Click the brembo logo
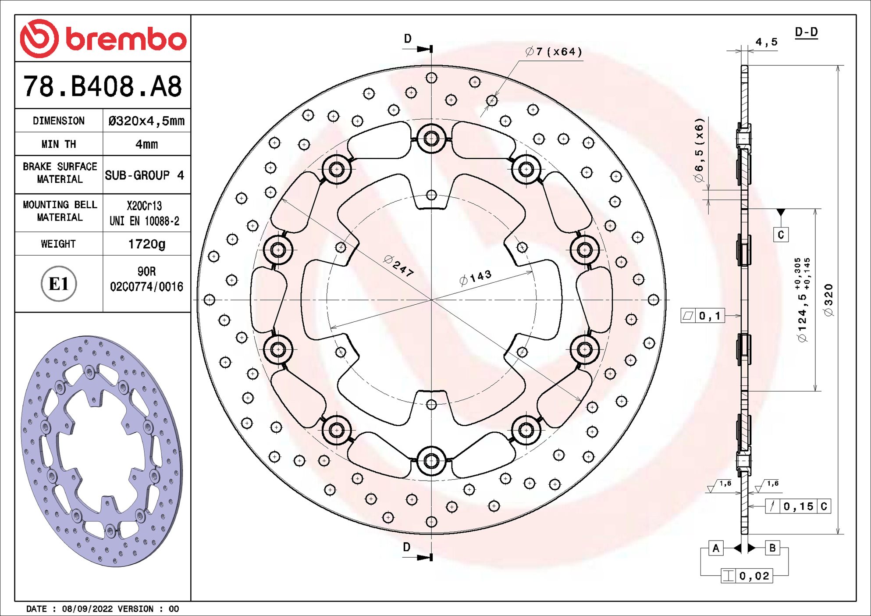pyautogui.click(x=103, y=39)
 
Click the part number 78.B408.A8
pyautogui.click(x=103, y=86)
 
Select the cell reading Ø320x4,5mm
pyautogui.click(x=146, y=121)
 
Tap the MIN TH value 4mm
pyautogui.click(x=146, y=144)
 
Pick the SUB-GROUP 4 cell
pyautogui.click(x=144, y=175)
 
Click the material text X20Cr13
pyautogui.click(x=144, y=206)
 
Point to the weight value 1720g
pyautogui.click(x=146, y=244)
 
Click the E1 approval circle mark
pyautogui.click(x=59, y=284)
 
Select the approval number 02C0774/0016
pyautogui.click(x=146, y=287)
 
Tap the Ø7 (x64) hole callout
pyautogui.click(x=554, y=52)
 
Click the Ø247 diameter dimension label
pyautogui.click(x=398, y=266)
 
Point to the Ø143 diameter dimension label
pyautogui.click(x=476, y=278)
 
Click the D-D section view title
pyautogui.click(x=806, y=32)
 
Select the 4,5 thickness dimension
pyautogui.click(x=766, y=42)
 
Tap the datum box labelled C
pyautogui.click(x=781, y=235)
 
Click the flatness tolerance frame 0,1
pyautogui.click(x=703, y=316)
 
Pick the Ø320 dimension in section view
pyautogui.click(x=828, y=300)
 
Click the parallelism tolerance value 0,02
pyautogui.click(x=754, y=576)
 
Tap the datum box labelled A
pyautogui.click(x=716, y=548)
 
